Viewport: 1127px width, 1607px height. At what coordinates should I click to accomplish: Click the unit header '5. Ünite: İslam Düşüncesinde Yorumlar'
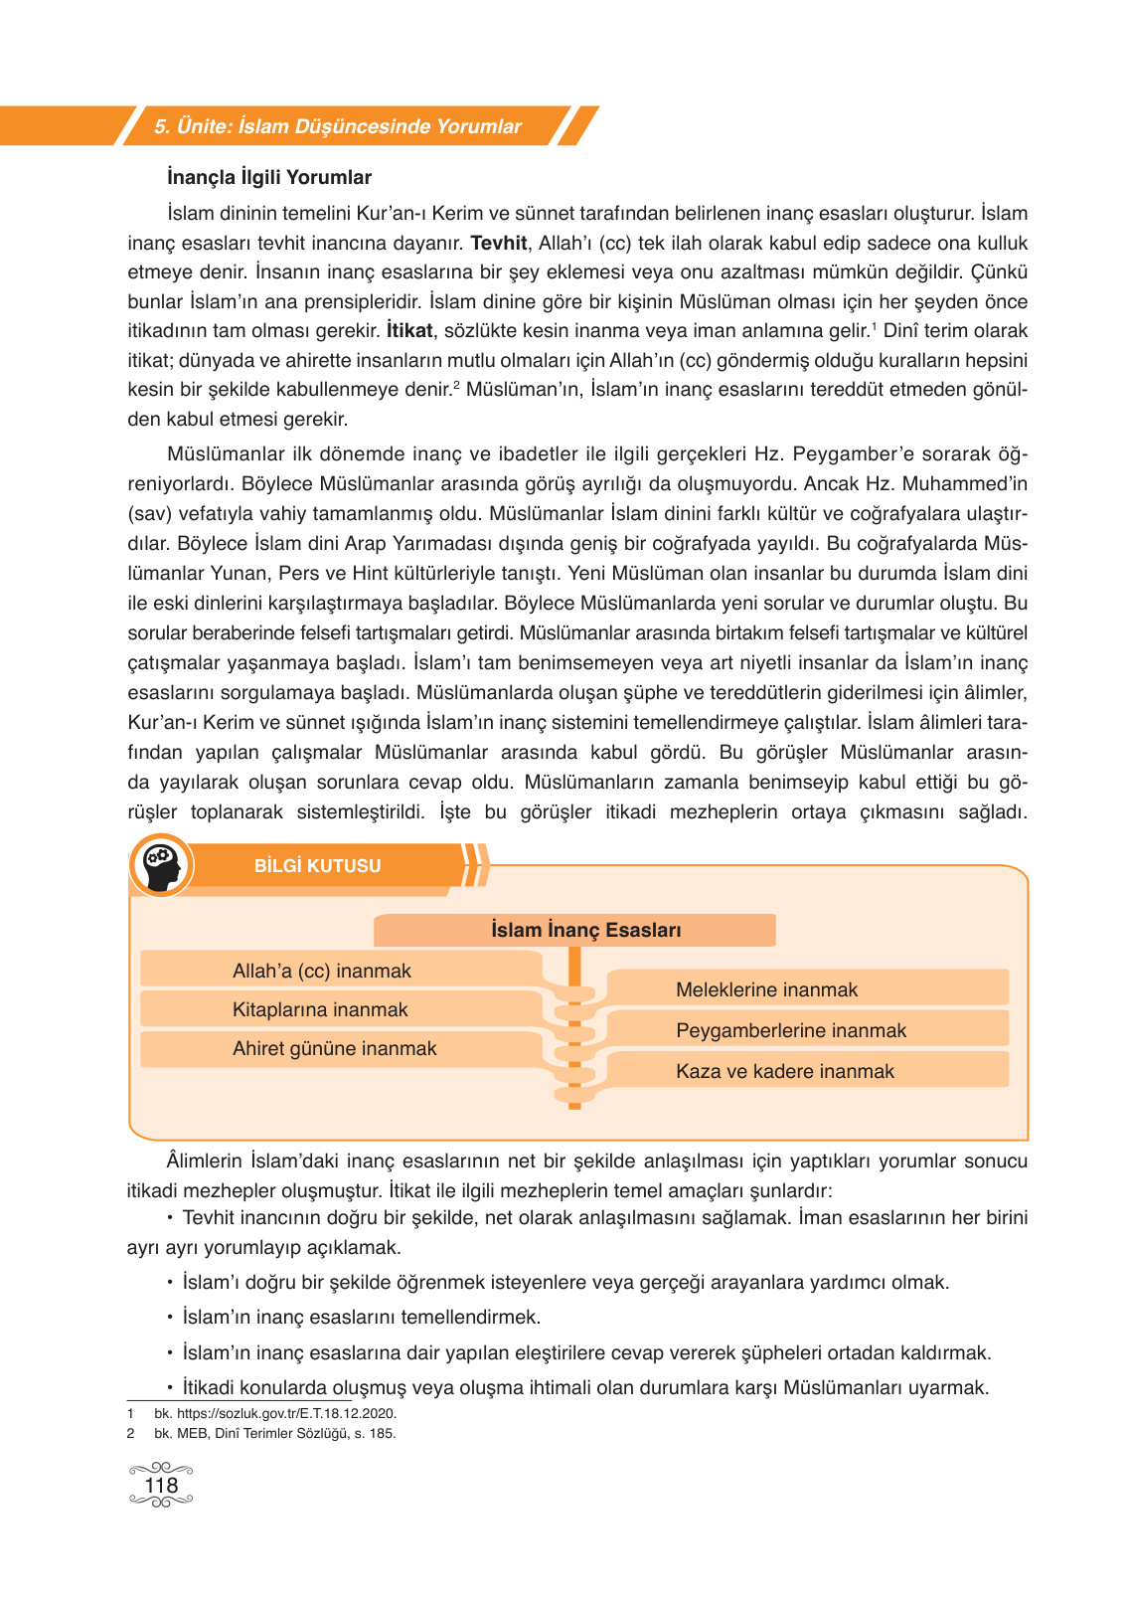coord(338,126)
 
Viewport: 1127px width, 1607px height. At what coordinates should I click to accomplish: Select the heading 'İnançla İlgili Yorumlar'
coord(269,178)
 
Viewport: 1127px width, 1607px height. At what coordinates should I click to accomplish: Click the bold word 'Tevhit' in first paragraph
coord(498,244)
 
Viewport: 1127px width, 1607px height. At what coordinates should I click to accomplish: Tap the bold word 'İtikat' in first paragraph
coord(409,331)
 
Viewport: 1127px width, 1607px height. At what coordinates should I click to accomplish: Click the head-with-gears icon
coord(161,865)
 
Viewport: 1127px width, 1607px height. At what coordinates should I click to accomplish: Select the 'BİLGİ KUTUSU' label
coord(317,866)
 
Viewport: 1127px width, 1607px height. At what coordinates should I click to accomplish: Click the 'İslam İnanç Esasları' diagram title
coord(585,930)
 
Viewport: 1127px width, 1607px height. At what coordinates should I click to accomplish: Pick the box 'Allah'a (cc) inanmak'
coord(321,971)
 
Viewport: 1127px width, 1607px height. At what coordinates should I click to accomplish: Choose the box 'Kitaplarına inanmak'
coord(320,1009)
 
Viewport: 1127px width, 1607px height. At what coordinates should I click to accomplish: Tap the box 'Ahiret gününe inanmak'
coord(334,1048)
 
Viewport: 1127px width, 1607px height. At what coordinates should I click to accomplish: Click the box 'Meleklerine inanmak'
coord(766,989)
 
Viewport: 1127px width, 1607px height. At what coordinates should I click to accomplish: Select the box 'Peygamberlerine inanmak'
coord(791,1030)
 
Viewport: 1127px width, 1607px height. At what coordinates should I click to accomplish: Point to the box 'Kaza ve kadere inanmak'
coord(785,1071)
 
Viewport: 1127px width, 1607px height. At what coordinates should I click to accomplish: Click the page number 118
coord(161,1486)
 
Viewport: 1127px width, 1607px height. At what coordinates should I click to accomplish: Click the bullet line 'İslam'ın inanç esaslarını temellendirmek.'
coord(361,1318)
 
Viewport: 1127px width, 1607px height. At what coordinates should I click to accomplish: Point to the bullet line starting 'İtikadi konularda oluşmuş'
coord(585,1388)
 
